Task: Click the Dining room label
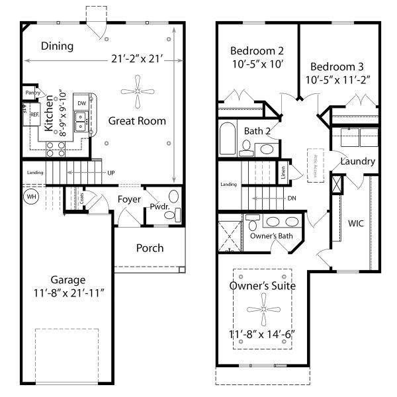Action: pos(57,46)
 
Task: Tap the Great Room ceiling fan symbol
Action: pos(137,92)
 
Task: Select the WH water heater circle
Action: pos(30,197)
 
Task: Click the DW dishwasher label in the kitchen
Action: pos(81,104)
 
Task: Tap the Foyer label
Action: pos(129,198)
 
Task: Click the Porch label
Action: pos(150,248)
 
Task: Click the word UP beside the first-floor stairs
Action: pos(111,173)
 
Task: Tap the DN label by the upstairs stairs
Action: pos(292,198)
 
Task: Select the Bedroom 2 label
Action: pos(257,51)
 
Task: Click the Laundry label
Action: pos(357,161)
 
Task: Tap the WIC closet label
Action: pos(356,223)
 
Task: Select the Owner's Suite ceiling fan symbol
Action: pos(263,309)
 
